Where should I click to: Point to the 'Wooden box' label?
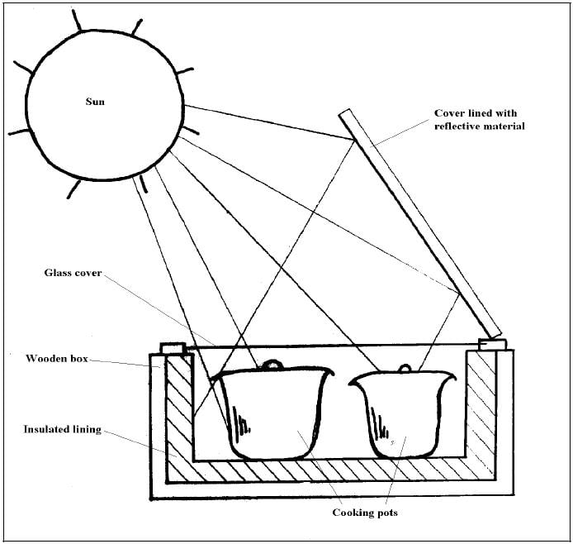point(57,359)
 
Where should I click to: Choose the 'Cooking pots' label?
point(364,513)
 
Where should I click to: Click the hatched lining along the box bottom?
point(330,471)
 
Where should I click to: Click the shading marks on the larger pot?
point(242,422)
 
